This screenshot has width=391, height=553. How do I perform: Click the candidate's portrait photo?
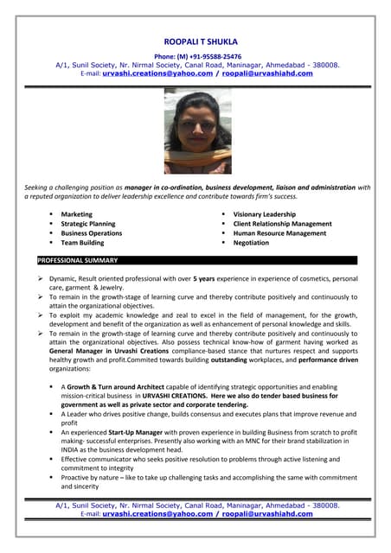coord(197,131)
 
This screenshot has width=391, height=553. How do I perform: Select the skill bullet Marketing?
coord(76,214)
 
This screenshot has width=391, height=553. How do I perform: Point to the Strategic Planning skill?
coord(87,224)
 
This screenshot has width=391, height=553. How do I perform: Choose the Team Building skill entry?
coord(82,243)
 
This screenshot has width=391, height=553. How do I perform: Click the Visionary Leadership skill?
coord(264,214)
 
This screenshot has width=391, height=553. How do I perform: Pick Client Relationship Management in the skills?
coord(282,224)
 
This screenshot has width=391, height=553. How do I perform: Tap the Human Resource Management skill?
coord(279,233)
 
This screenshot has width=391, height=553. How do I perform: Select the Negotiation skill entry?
coord(251,243)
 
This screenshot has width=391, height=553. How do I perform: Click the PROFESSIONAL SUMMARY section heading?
coord(77,260)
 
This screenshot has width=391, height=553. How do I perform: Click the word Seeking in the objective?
coord(36,188)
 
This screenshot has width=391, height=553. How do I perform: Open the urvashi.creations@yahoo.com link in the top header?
coord(157,73)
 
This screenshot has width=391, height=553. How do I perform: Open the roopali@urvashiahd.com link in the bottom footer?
coord(267,514)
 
